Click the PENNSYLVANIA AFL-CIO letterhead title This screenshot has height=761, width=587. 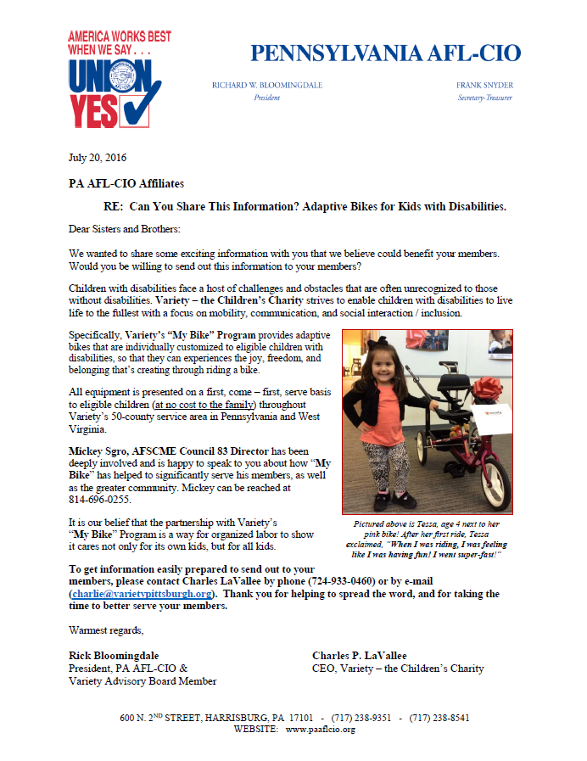coord(385,53)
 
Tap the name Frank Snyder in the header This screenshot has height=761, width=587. coord(484,86)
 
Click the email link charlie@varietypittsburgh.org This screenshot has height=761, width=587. coord(141,594)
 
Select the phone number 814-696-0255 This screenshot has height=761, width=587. coord(100,500)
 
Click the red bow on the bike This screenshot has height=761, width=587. coord(488,391)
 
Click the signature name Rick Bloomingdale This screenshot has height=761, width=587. coord(114,656)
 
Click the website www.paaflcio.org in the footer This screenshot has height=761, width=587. coord(321,729)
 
